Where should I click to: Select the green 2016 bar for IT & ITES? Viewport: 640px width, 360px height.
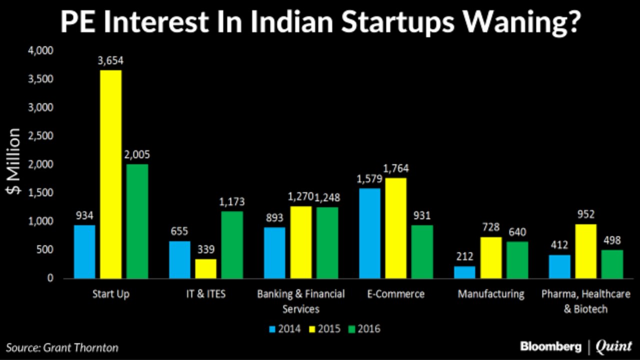point(232,244)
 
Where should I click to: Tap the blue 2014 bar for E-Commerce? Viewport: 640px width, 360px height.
point(369,233)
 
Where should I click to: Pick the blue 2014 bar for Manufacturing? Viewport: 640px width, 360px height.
point(464,272)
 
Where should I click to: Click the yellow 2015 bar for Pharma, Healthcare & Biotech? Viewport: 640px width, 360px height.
point(585,251)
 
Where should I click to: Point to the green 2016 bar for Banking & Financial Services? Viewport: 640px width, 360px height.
point(327,242)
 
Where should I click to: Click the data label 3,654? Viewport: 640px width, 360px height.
point(110,61)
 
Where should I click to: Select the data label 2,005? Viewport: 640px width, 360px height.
point(137,154)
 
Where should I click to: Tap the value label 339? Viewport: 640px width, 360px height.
point(205,249)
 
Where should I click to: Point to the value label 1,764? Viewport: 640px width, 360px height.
point(395,168)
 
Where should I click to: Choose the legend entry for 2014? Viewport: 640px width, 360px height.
point(285,328)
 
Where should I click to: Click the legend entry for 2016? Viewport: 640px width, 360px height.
point(364,328)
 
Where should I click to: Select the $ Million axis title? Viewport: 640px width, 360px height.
point(14,161)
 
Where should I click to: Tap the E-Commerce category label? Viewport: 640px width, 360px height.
point(395,293)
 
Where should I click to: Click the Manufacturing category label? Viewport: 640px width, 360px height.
point(491,293)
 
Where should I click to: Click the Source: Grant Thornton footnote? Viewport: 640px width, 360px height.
point(62,347)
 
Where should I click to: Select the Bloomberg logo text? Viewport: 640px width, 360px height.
point(550,346)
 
